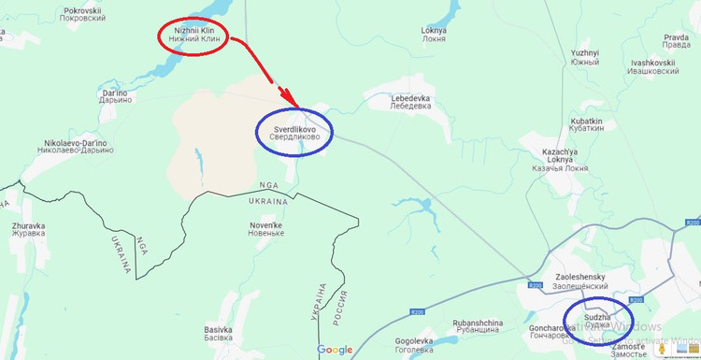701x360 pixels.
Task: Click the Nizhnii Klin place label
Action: point(195,36)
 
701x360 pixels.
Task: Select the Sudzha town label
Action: point(598,323)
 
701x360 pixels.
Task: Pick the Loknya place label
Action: point(435,35)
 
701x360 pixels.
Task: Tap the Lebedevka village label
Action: point(410,102)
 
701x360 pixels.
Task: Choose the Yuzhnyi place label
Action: point(584,57)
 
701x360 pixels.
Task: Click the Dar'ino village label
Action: point(114,98)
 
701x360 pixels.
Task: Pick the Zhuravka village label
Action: point(28,231)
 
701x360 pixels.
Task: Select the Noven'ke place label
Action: point(265,228)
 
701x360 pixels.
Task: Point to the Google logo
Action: point(335,351)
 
